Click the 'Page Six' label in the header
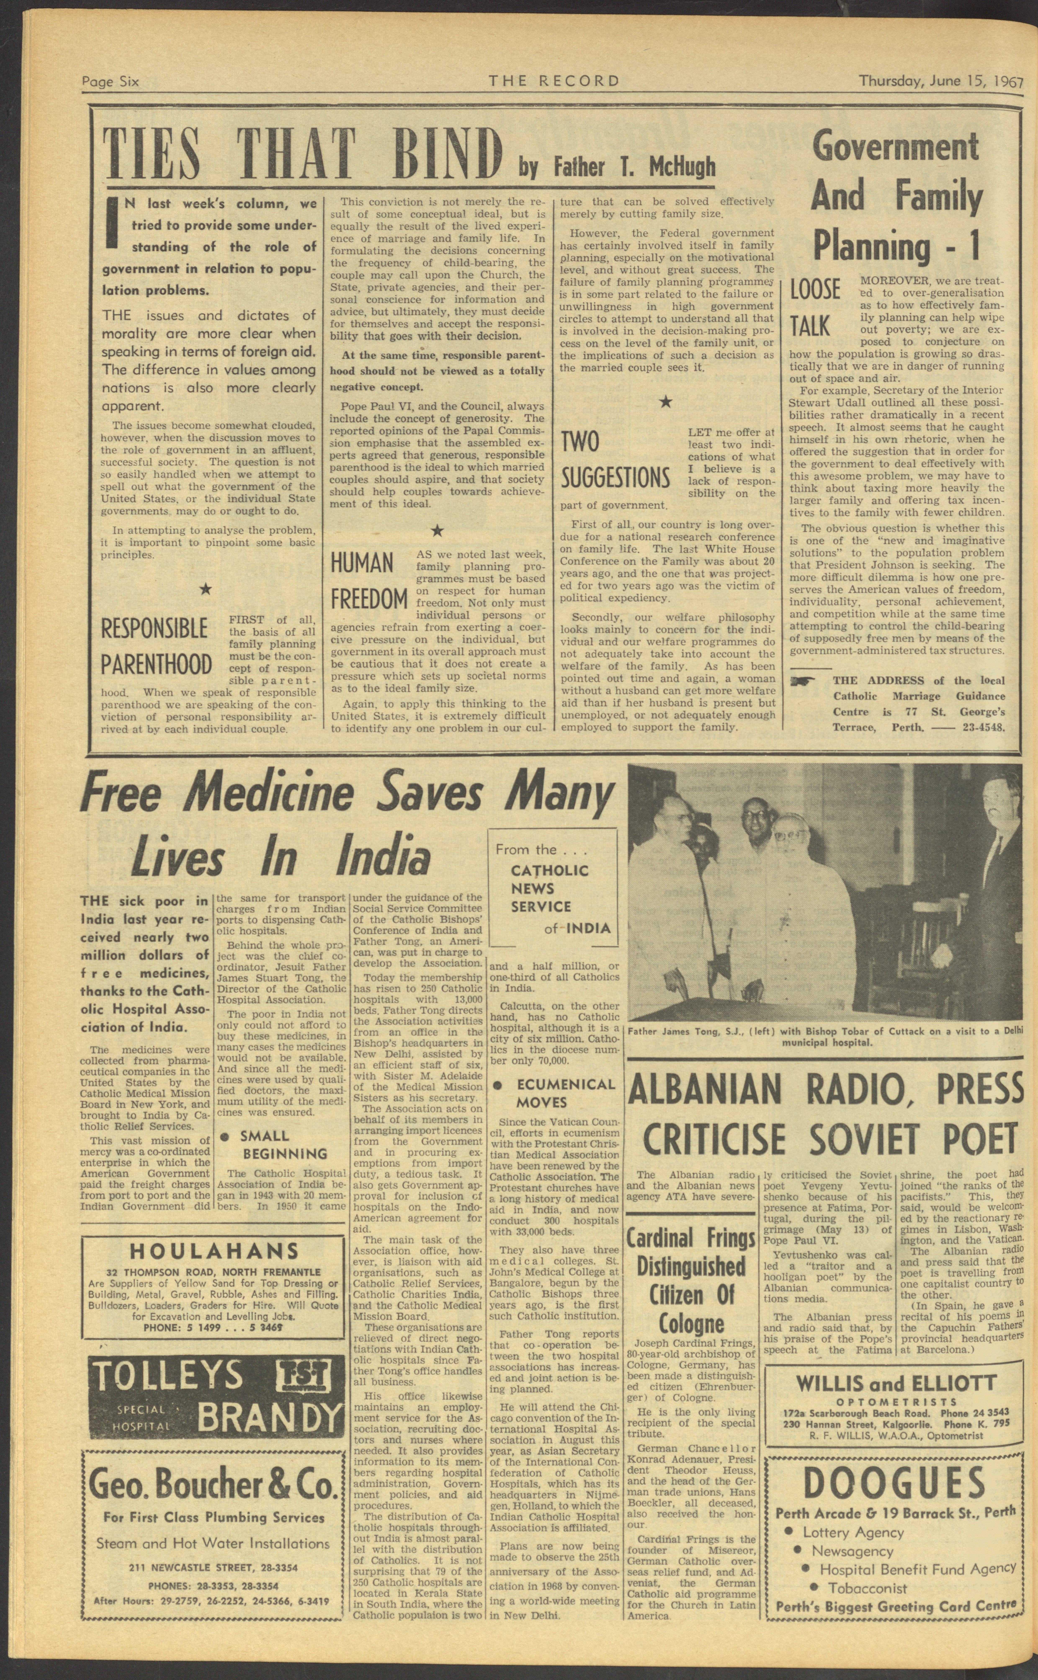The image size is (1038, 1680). point(110,82)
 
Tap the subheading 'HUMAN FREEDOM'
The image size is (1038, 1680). point(369,581)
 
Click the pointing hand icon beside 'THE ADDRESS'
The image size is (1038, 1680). point(803,681)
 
